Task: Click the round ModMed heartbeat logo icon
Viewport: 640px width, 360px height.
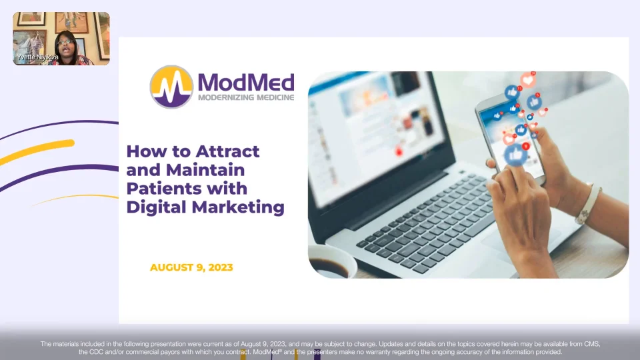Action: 171,87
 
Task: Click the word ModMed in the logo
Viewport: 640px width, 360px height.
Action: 246,83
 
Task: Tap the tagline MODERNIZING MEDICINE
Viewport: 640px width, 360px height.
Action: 246,97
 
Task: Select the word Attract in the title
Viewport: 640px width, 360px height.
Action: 227,151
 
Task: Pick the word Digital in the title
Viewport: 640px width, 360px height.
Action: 157,207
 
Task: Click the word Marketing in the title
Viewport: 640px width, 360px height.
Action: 238,207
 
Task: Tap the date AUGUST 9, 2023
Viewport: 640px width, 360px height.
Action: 191,267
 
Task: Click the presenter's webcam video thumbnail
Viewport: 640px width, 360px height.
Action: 61,39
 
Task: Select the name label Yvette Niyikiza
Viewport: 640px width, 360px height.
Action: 38,57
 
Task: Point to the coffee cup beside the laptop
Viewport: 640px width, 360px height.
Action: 331,261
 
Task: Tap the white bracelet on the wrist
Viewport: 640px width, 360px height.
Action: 588,204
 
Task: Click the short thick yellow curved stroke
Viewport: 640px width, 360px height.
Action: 37,151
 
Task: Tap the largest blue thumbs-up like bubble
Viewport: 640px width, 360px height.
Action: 515,155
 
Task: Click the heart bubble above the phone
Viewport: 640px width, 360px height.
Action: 528,79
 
